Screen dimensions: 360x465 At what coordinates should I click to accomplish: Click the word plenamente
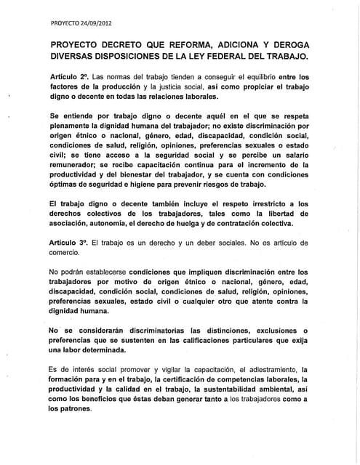pos(75,126)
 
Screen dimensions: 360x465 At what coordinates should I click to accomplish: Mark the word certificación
pos(183,379)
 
